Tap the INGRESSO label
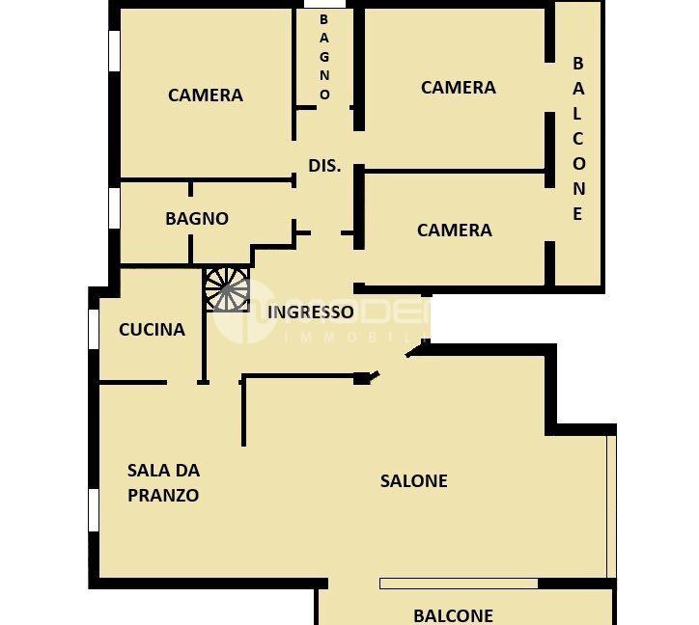coord(310,312)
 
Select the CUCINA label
coord(152,329)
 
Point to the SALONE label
coord(413,480)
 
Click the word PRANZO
coord(163,496)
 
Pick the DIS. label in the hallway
coord(324,165)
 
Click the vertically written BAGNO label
coord(324,57)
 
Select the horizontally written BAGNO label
coord(197,219)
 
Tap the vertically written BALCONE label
coord(578,138)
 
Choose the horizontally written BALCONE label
coord(453,614)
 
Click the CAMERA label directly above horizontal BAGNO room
coord(205,95)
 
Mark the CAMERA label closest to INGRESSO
coord(454,230)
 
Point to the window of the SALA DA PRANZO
coord(94,509)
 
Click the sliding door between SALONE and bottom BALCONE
coord(459,584)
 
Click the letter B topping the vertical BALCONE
coord(578,64)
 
